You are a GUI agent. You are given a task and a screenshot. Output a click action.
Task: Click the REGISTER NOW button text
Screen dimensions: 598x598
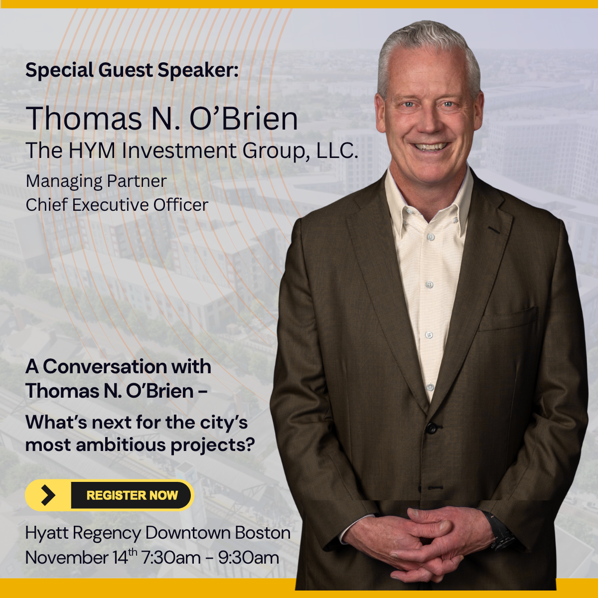(132, 495)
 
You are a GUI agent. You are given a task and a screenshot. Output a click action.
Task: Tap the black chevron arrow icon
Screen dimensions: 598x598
(48, 495)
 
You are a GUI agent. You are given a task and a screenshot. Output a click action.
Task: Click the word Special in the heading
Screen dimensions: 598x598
(59, 70)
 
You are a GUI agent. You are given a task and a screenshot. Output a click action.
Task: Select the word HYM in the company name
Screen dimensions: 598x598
(92, 150)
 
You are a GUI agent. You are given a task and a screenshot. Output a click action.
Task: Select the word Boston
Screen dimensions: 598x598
(263, 533)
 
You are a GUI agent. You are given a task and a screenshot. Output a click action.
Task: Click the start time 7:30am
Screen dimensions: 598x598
(171, 557)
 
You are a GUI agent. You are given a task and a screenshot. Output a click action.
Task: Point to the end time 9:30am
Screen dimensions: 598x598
(248, 557)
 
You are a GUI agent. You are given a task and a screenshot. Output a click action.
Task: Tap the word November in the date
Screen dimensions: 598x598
(66, 557)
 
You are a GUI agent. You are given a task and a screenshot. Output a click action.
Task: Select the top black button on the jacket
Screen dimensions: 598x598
(432, 428)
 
